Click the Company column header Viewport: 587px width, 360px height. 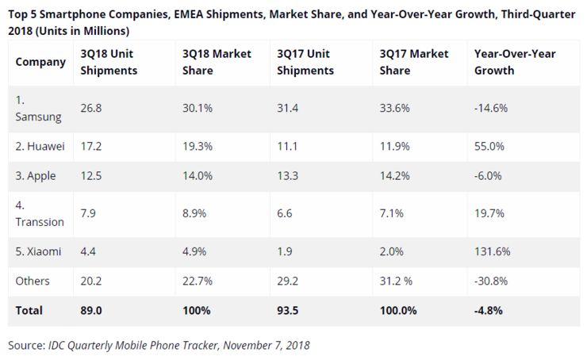coord(40,62)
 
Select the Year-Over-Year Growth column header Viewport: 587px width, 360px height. coord(514,62)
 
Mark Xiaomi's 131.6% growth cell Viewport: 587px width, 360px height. coord(492,251)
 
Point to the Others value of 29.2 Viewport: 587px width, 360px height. coord(287,281)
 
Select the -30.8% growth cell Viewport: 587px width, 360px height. coord(492,281)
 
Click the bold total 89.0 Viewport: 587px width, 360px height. coord(92,310)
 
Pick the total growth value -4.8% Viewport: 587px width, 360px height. coord(489,310)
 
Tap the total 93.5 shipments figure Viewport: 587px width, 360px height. coord(288,310)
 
